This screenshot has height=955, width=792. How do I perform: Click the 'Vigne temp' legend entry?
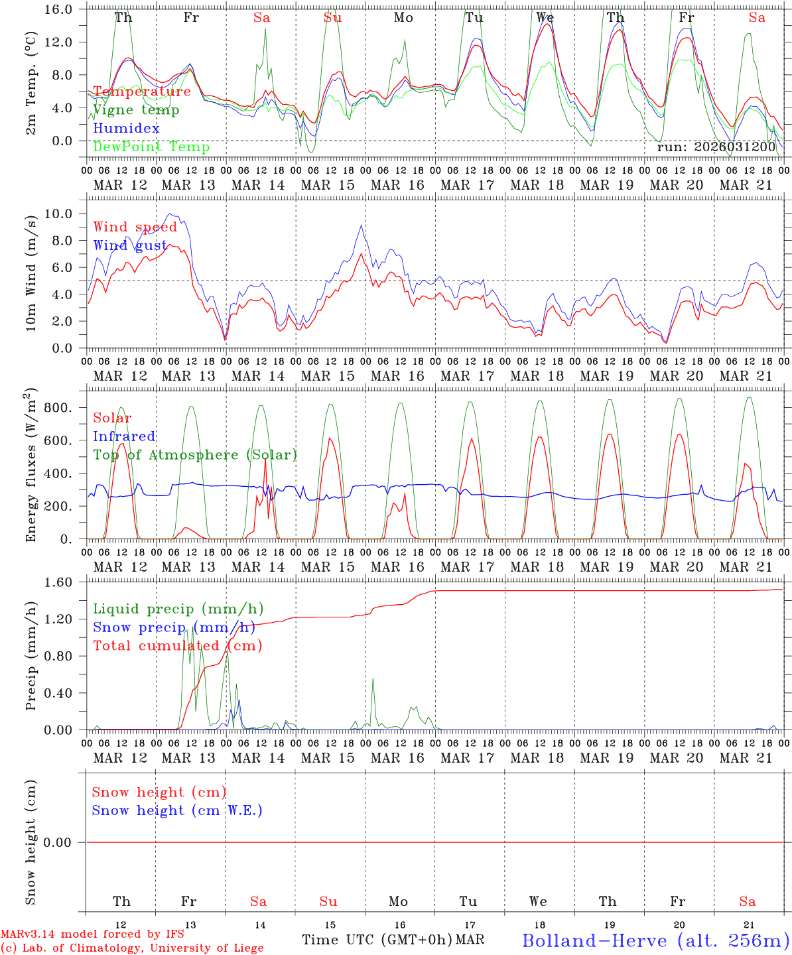coord(136,110)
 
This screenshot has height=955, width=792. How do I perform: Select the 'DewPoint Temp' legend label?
coord(151,147)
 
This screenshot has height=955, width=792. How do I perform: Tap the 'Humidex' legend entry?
coord(126,129)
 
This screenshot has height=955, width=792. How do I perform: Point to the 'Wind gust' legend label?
coord(130,245)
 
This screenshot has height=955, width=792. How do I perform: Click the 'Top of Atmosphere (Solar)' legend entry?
coord(195,455)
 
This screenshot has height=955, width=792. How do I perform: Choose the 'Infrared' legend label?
coord(124,436)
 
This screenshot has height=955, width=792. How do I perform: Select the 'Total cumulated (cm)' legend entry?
coord(177,646)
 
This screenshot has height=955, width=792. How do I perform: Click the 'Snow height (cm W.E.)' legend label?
coord(177,810)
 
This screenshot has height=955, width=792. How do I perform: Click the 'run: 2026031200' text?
coord(716,147)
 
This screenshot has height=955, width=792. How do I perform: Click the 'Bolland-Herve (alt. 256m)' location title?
coord(655,940)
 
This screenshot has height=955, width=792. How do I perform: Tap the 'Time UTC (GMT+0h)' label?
coord(377,940)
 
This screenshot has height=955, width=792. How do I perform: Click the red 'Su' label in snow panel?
coord(328,901)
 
